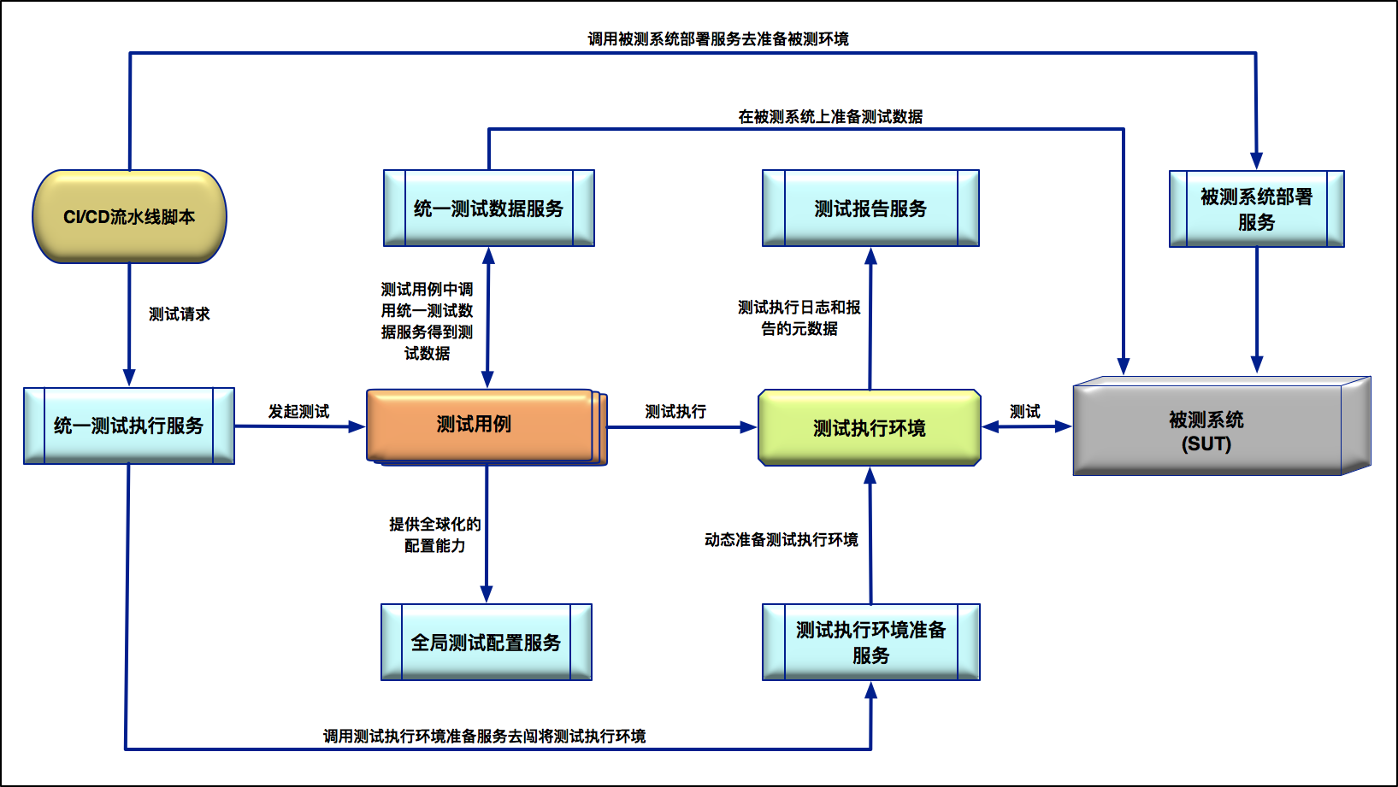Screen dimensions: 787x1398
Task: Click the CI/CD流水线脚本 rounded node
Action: click(129, 217)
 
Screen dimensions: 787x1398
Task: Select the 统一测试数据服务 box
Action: click(488, 208)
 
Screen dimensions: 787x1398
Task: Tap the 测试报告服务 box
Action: click(870, 208)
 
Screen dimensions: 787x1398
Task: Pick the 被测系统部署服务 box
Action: click(1256, 209)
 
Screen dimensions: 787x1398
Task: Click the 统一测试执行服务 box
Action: click(129, 426)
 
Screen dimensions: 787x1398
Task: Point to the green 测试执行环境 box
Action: click(869, 428)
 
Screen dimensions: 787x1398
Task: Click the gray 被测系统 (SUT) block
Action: click(1206, 432)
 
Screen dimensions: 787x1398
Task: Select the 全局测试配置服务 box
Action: click(486, 643)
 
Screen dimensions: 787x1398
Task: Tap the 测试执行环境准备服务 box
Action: click(870, 643)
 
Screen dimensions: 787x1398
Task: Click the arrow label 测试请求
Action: click(179, 314)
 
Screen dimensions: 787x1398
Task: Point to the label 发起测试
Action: click(298, 412)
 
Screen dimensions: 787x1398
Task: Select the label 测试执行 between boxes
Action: click(675, 412)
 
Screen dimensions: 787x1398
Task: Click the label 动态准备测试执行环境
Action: click(781, 540)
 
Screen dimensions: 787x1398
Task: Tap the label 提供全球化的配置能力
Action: click(434, 535)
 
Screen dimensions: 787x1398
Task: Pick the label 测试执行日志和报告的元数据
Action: click(799, 318)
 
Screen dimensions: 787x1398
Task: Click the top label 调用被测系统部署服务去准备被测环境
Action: click(717, 39)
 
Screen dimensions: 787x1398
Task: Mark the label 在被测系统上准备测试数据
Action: click(829, 117)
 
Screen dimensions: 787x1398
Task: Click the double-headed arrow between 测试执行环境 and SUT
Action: click(1026, 426)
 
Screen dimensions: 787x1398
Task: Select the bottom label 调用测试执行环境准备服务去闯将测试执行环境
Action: click(484, 737)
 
